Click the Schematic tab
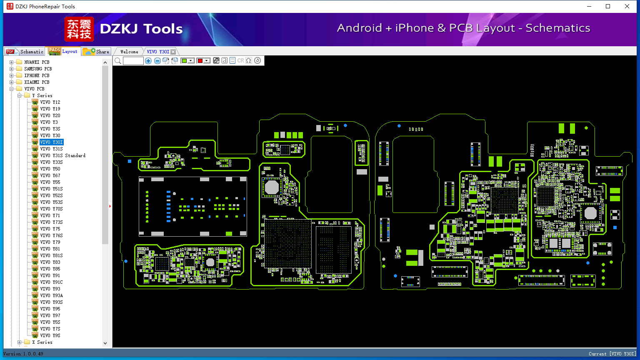tap(25, 52)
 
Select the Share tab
tap(96, 52)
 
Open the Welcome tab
tap(129, 52)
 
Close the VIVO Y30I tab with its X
tap(173, 52)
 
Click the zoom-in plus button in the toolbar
tap(148, 60)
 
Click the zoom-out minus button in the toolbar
tap(157, 60)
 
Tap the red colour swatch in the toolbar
tap(200, 60)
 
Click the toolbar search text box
tap(133, 60)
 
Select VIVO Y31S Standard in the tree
tap(63, 155)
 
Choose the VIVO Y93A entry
tap(51, 295)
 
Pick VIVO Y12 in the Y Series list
tap(50, 102)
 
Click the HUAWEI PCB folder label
tap(37, 62)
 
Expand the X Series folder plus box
tap(20, 342)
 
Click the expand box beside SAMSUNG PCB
tap(11, 69)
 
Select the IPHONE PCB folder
tap(37, 75)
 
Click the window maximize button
tap(608, 6)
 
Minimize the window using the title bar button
tap(589, 6)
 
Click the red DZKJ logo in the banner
tap(79, 29)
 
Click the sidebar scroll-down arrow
tap(105, 343)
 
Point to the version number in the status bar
tap(33, 354)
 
